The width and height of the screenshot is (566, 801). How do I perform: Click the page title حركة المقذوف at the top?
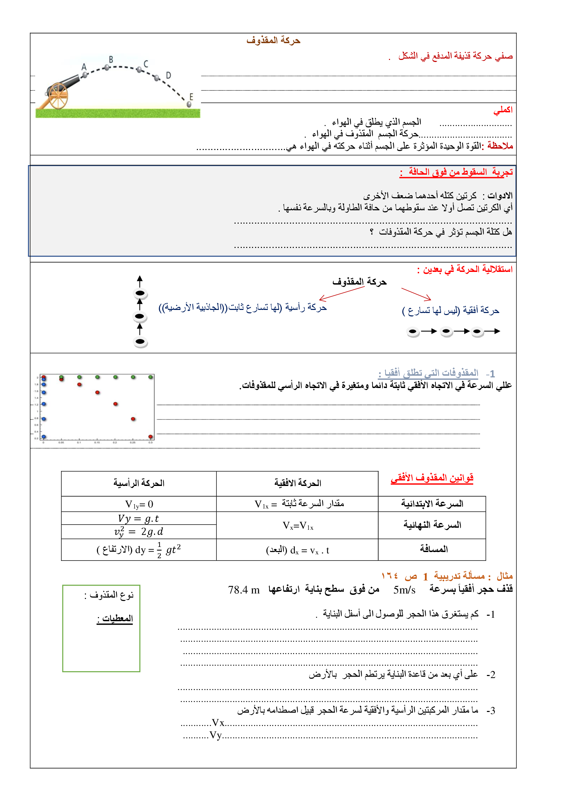273,40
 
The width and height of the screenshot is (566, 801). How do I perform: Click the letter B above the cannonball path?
111,60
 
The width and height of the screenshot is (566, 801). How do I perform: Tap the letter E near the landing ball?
191,97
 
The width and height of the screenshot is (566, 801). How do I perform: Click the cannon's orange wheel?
58,96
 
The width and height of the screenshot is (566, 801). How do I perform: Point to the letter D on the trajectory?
168,75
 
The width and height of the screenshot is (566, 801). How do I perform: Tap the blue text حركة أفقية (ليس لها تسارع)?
451,310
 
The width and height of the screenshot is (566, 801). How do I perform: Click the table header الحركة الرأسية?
139,483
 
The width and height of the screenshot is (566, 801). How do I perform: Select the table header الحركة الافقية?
298,483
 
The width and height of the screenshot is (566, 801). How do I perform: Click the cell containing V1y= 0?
139,504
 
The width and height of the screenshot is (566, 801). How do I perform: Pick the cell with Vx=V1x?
298,525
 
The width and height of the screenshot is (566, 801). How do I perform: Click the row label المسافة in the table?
433,549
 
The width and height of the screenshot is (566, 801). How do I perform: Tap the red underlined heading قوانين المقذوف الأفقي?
432,478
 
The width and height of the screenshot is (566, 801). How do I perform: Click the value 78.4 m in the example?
244,590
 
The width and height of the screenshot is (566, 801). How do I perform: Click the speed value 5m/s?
404,590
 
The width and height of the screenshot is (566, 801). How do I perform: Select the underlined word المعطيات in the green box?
115,618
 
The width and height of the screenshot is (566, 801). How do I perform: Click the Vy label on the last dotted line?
215,735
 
